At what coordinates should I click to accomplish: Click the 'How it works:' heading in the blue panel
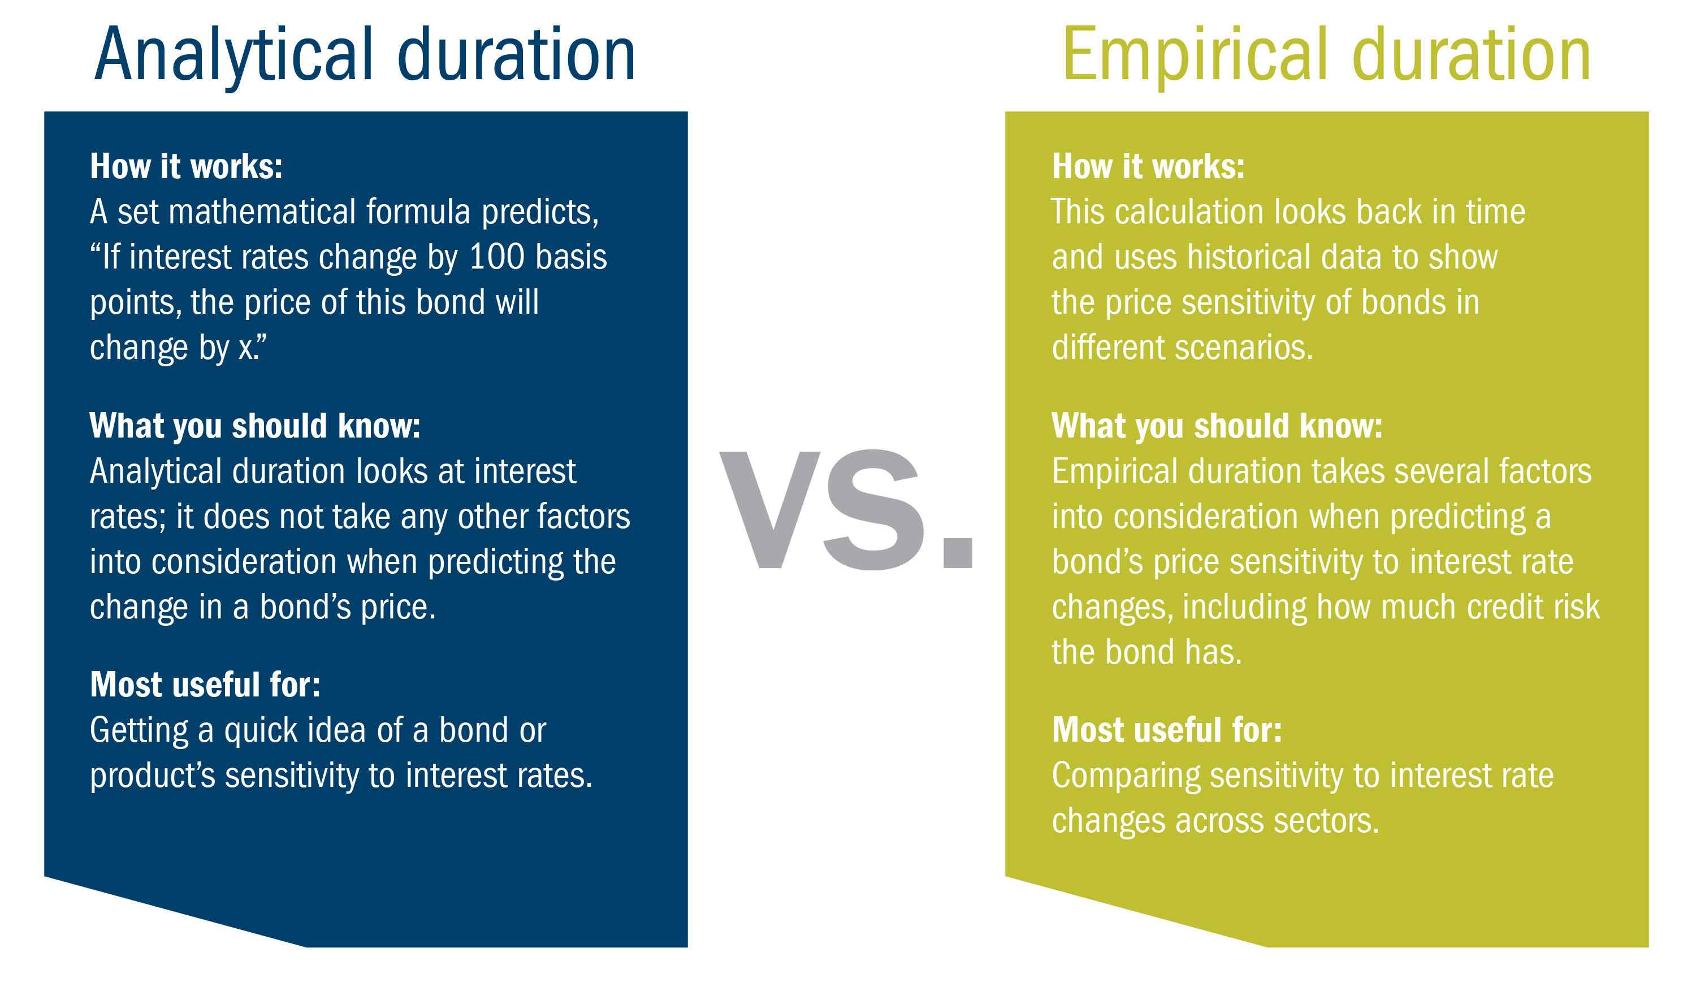pyautogui.click(x=187, y=166)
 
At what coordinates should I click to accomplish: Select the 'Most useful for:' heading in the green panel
pyautogui.click(x=1167, y=730)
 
